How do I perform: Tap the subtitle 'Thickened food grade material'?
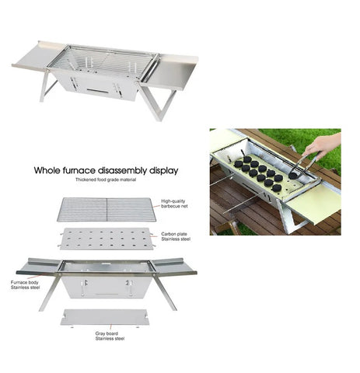[x=106, y=180]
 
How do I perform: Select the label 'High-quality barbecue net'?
[x=174, y=204]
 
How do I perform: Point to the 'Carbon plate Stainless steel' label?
[x=176, y=236]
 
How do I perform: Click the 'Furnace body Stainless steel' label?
[x=25, y=285]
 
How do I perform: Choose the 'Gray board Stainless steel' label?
[x=110, y=336]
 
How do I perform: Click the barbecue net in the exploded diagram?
[x=107, y=210]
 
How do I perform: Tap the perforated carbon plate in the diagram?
[x=107, y=239]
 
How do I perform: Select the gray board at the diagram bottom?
[x=105, y=317]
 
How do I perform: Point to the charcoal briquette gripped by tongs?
[x=294, y=176]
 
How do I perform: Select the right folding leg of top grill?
[x=159, y=103]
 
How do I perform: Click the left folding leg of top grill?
[x=46, y=85]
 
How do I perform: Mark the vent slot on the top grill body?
[x=97, y=91]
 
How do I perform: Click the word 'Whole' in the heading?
[x=47, y=171]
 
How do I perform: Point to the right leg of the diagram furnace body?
[x=166, y=291]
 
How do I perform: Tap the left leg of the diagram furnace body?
[x=50, y=292]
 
